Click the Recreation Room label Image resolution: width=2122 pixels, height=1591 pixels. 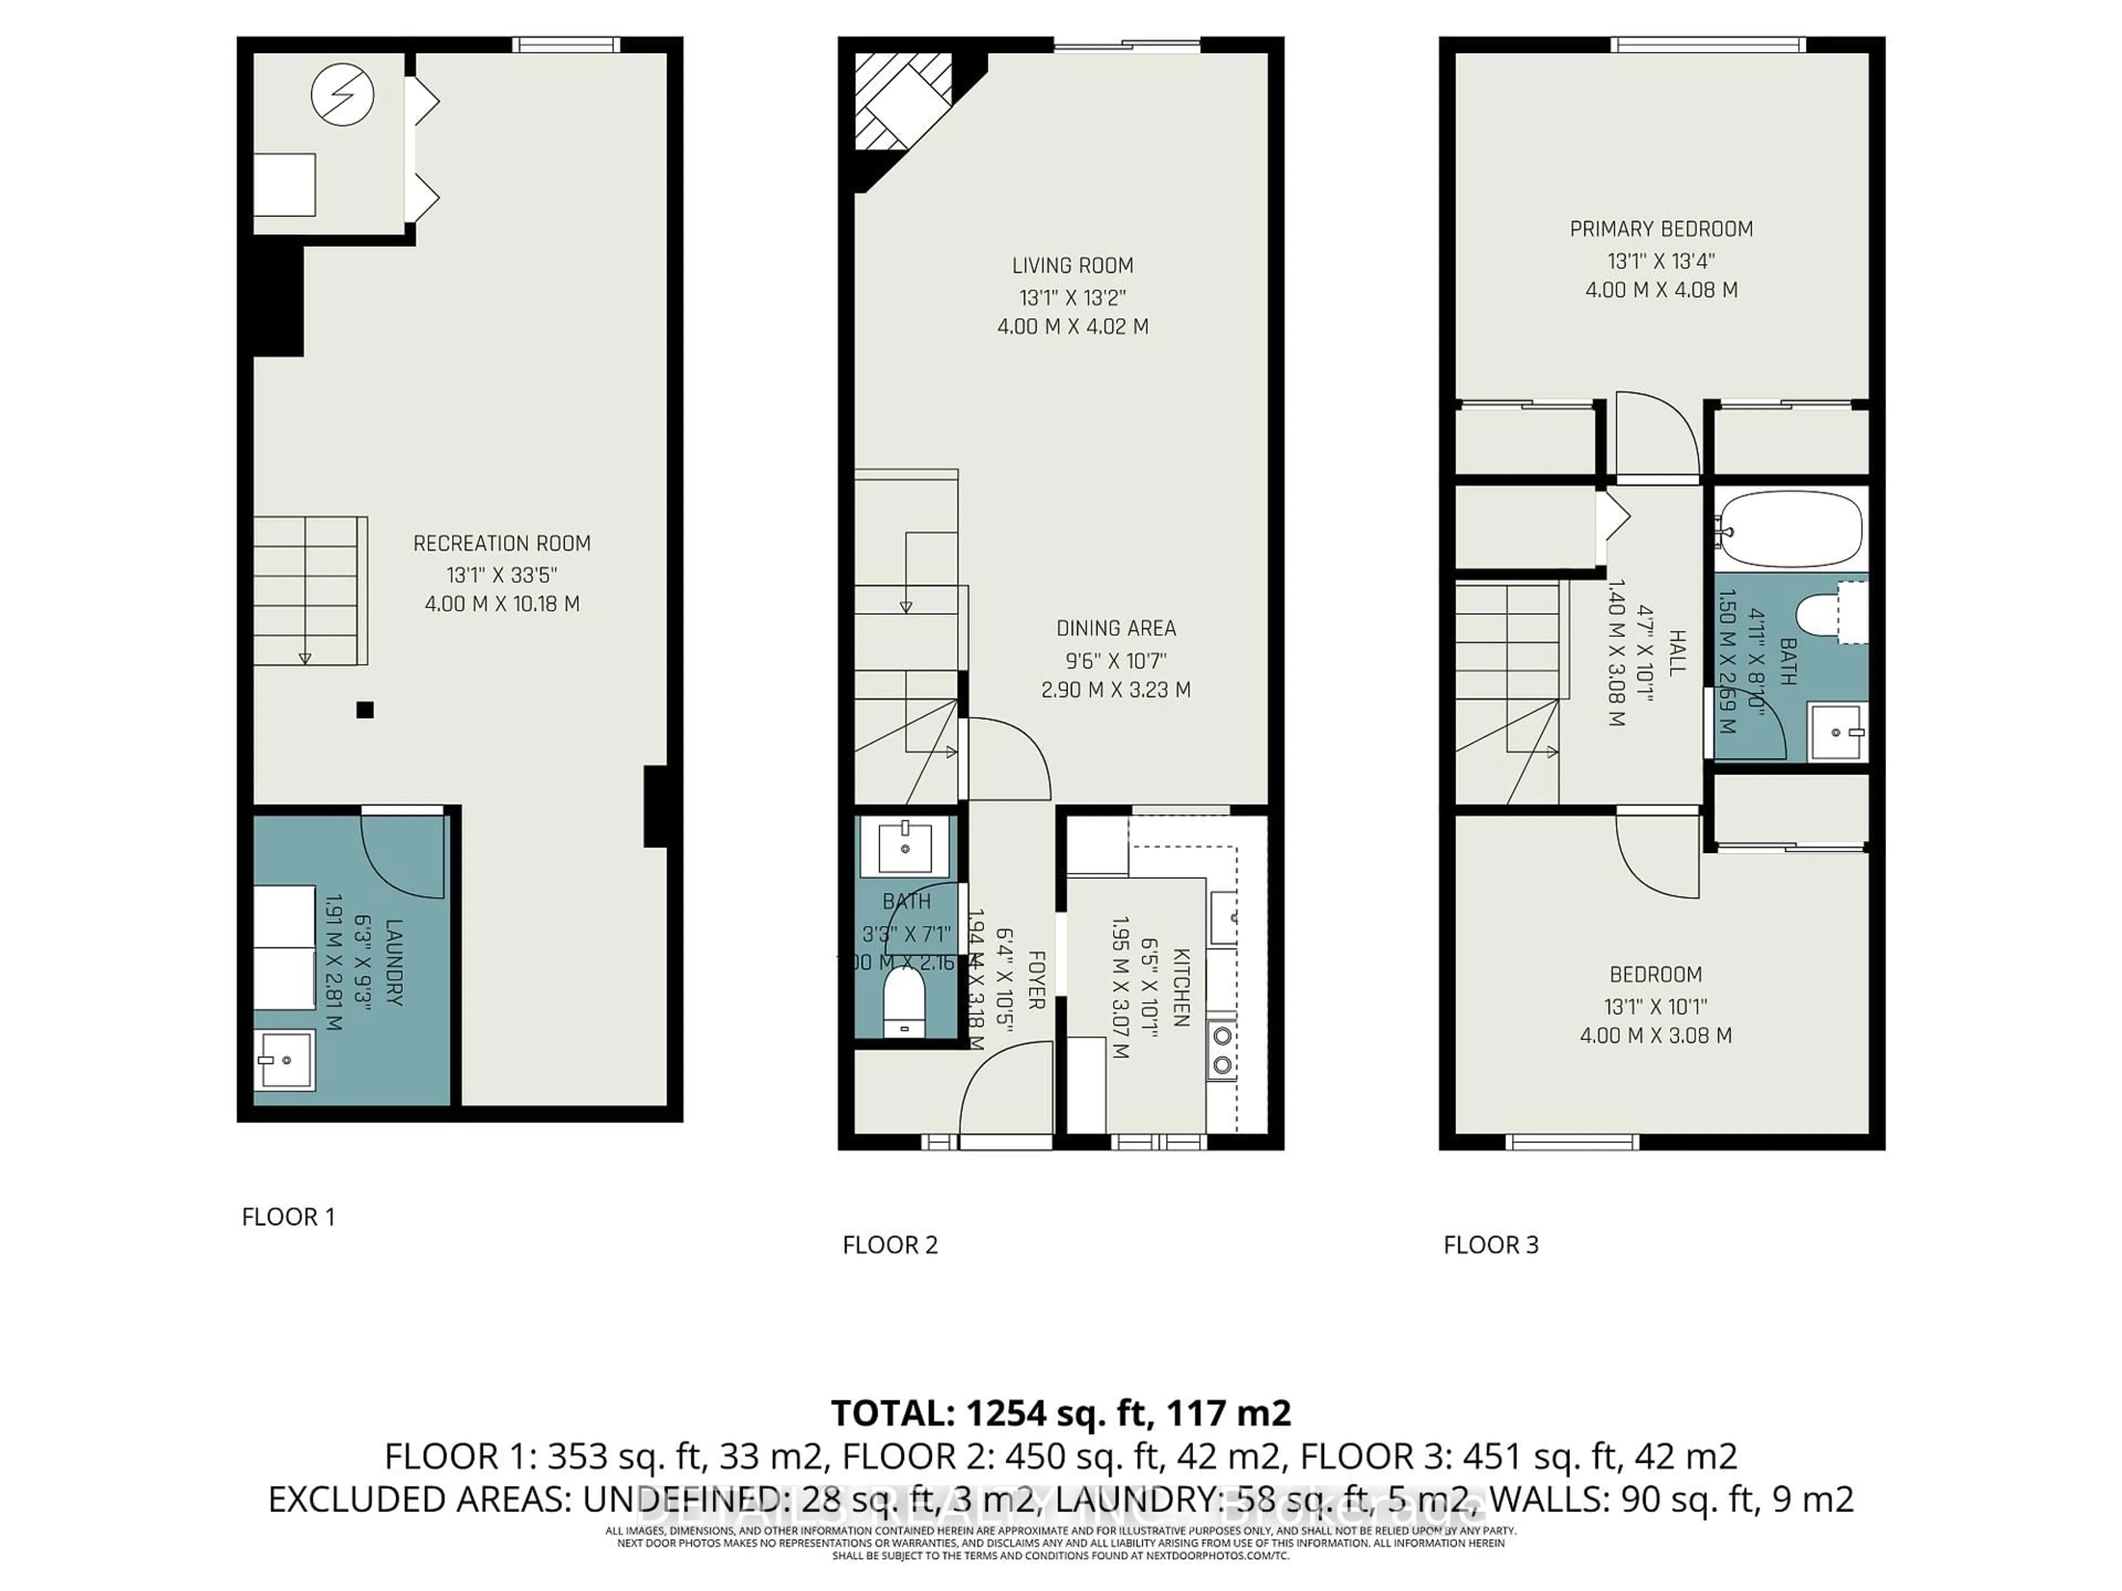coord(502,544)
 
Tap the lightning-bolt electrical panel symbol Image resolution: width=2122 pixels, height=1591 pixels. coord(343,95)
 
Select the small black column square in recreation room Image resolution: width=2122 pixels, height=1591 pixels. coord(365,710)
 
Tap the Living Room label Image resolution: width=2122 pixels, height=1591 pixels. coord(1073,266)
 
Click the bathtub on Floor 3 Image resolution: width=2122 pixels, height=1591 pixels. coord(1790,529)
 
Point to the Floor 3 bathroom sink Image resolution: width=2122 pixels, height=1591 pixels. coord(1836,732)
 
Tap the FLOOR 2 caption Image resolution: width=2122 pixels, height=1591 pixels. coord(889,1245)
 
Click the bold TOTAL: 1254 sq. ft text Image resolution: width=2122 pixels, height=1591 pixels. coord(1060,1413)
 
